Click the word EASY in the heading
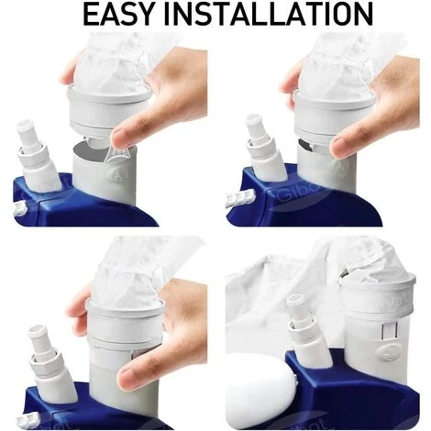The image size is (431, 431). pyautogui.click(x=118, y=14)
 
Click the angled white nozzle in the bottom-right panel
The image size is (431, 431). pyautogui.click(x=309, y=330)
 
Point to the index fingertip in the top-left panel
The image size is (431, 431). pyautogui.click(x=120, y=137)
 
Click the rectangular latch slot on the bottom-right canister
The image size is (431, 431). pyautogui.click(x=389, y=332)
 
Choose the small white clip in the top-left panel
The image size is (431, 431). pyautogui.click(x=19, y=208)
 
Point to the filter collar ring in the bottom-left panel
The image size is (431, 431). pyautogui.click(x=126, y=321)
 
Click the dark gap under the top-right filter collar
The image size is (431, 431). pyautogui.click(x=305, y=144)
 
